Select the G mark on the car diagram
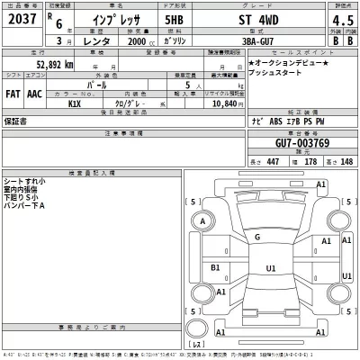(x=258, y=237)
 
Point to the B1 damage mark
(x=215, y=267)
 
